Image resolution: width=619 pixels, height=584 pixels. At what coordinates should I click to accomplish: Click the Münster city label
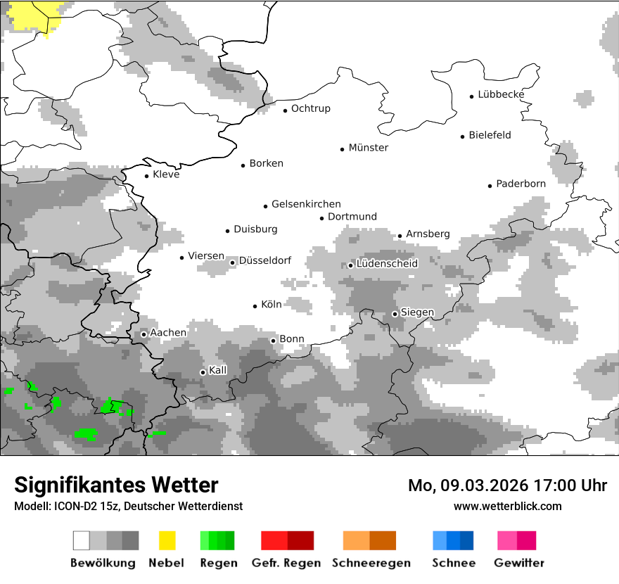(x=369, y=148)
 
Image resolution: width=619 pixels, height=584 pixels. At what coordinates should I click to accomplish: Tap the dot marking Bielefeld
(x=463, y=137)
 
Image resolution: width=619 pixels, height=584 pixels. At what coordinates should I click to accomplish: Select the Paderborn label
(x=521, y=184)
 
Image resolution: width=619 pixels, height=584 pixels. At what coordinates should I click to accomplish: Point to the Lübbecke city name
(x=501, y=94)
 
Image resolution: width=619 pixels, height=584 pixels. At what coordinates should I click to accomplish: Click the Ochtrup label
(x=310, y=108)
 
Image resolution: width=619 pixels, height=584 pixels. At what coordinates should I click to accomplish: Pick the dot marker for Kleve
(x=147, y=176)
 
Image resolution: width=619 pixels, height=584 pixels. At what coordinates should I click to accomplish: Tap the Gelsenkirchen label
(x=306, y=204)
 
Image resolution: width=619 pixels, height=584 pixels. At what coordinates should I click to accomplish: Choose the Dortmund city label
(x=352, y=217)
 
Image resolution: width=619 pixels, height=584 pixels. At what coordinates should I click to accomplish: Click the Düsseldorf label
(x=265, y=260)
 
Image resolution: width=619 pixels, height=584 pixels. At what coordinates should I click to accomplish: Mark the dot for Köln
(x=255, y=306)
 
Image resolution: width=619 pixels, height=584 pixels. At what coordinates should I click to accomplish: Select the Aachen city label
(x=168, y=333)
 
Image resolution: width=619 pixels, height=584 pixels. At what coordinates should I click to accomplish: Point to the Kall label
(x=217, y=370)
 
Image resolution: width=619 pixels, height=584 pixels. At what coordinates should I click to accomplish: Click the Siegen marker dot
(x=395, y=314)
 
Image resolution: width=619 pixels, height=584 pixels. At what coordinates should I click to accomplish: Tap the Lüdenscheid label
(x=387, y=264)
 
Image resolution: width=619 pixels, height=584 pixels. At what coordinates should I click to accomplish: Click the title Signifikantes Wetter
(x=116, y=485)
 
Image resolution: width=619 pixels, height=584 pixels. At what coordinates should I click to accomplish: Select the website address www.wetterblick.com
(x=507, y=507)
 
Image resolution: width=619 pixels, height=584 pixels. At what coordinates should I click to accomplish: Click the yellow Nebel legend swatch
(x=167, y=540)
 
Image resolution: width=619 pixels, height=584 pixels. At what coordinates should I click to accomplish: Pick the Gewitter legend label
(x=518, y=563)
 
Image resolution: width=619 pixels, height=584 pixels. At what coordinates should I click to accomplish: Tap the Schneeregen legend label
(x=371, y=563)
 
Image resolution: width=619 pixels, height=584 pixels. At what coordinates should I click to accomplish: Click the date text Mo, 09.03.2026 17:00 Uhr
(x=507, y=485)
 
